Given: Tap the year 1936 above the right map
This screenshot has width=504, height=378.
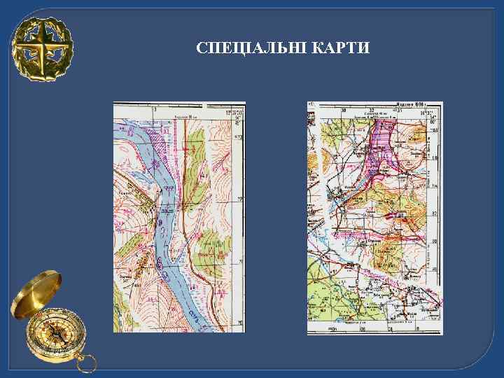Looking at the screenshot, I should tap(419, 104).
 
